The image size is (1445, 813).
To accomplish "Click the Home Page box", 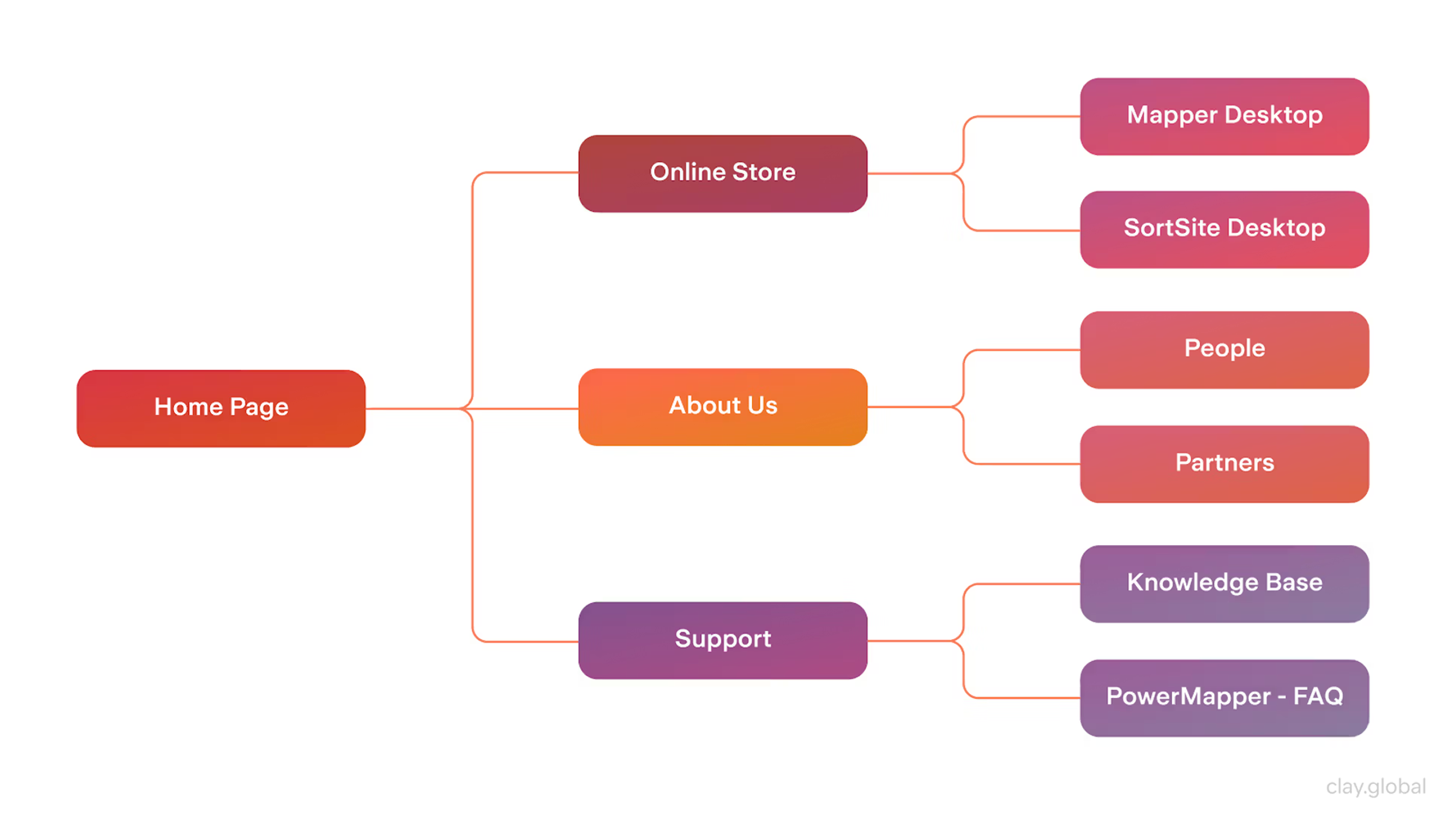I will pyautogui.click(x=221, y=408).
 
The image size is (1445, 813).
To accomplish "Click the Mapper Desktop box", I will pyautogui.click(x=1224, y=116).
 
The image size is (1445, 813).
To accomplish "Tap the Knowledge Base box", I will pyautogui.click(x=1224, y=583).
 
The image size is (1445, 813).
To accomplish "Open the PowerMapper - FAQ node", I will pyautogui.click(x=1224, y=697).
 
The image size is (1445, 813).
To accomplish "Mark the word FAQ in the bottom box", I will pyautogui.click(x=1318, y=696).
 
